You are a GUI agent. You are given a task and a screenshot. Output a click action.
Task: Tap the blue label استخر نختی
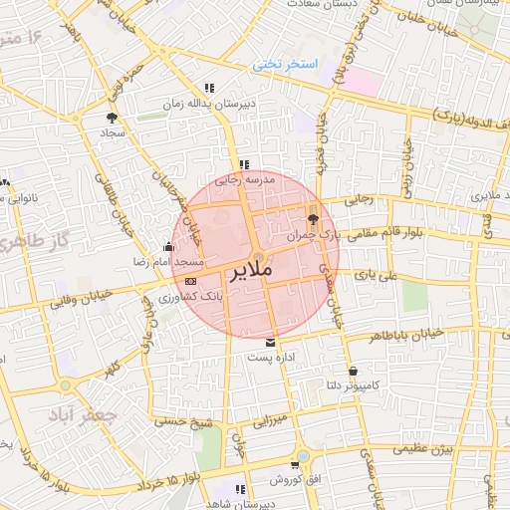pos(284,64)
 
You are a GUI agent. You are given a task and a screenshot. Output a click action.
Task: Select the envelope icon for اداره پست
pos(272,343)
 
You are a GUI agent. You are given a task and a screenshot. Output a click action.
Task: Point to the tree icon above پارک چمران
pos(314,219)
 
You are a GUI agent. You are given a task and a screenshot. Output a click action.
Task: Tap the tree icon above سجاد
pos(111,118)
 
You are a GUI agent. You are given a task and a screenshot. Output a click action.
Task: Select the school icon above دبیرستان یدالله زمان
pos(209,88)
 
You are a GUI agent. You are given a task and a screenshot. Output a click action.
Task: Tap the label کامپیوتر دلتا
pos(355,384)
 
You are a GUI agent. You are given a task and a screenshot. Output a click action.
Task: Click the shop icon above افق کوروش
pos(295,464)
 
